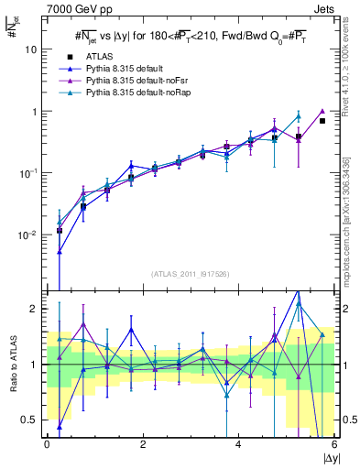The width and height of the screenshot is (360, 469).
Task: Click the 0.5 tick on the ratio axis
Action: pos(31,420)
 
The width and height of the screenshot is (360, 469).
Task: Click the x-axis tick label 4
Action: pos(238,445)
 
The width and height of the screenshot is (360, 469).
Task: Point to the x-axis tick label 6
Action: pos(333,445)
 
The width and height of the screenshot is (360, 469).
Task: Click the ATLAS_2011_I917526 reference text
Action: pos(190,274)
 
